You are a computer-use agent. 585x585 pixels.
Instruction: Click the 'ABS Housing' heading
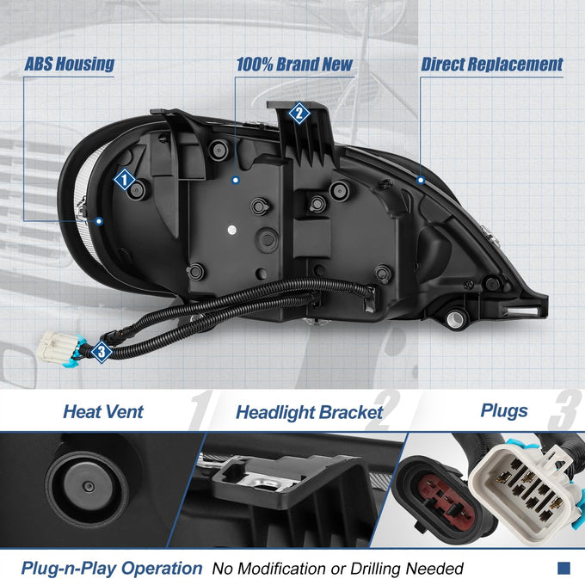click(x=70, y=65)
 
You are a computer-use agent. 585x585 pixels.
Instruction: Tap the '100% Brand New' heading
click(x=294, y=65)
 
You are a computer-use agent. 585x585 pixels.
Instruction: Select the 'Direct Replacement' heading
click(x=492, y=65)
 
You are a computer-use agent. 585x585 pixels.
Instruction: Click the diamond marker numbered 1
click(x=124, y=180)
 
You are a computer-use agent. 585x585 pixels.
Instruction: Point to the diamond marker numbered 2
click(x=299, y=113)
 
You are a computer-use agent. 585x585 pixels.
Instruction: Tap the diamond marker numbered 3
click(x=102, y=352)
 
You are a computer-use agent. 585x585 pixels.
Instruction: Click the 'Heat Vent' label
click(x=103, y=412)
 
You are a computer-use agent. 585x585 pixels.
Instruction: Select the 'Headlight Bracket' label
click(x=310, y=413)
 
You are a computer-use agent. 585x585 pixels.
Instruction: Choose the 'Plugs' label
click(x=504, y=410)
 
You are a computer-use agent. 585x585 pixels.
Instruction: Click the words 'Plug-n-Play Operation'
click(x=112, y=569)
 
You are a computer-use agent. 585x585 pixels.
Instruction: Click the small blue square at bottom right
click(x=563, y=568)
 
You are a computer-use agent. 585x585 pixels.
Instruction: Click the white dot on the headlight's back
click(x=231, y=230)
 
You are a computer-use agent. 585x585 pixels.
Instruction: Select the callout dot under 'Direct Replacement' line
click(x=421, y=181)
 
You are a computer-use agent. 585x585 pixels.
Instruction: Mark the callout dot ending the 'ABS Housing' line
click(x=99, y=221)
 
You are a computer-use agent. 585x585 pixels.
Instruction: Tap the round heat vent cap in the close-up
click(x=88, y=487)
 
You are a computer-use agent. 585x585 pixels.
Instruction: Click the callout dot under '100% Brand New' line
click(x=236, y=180)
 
